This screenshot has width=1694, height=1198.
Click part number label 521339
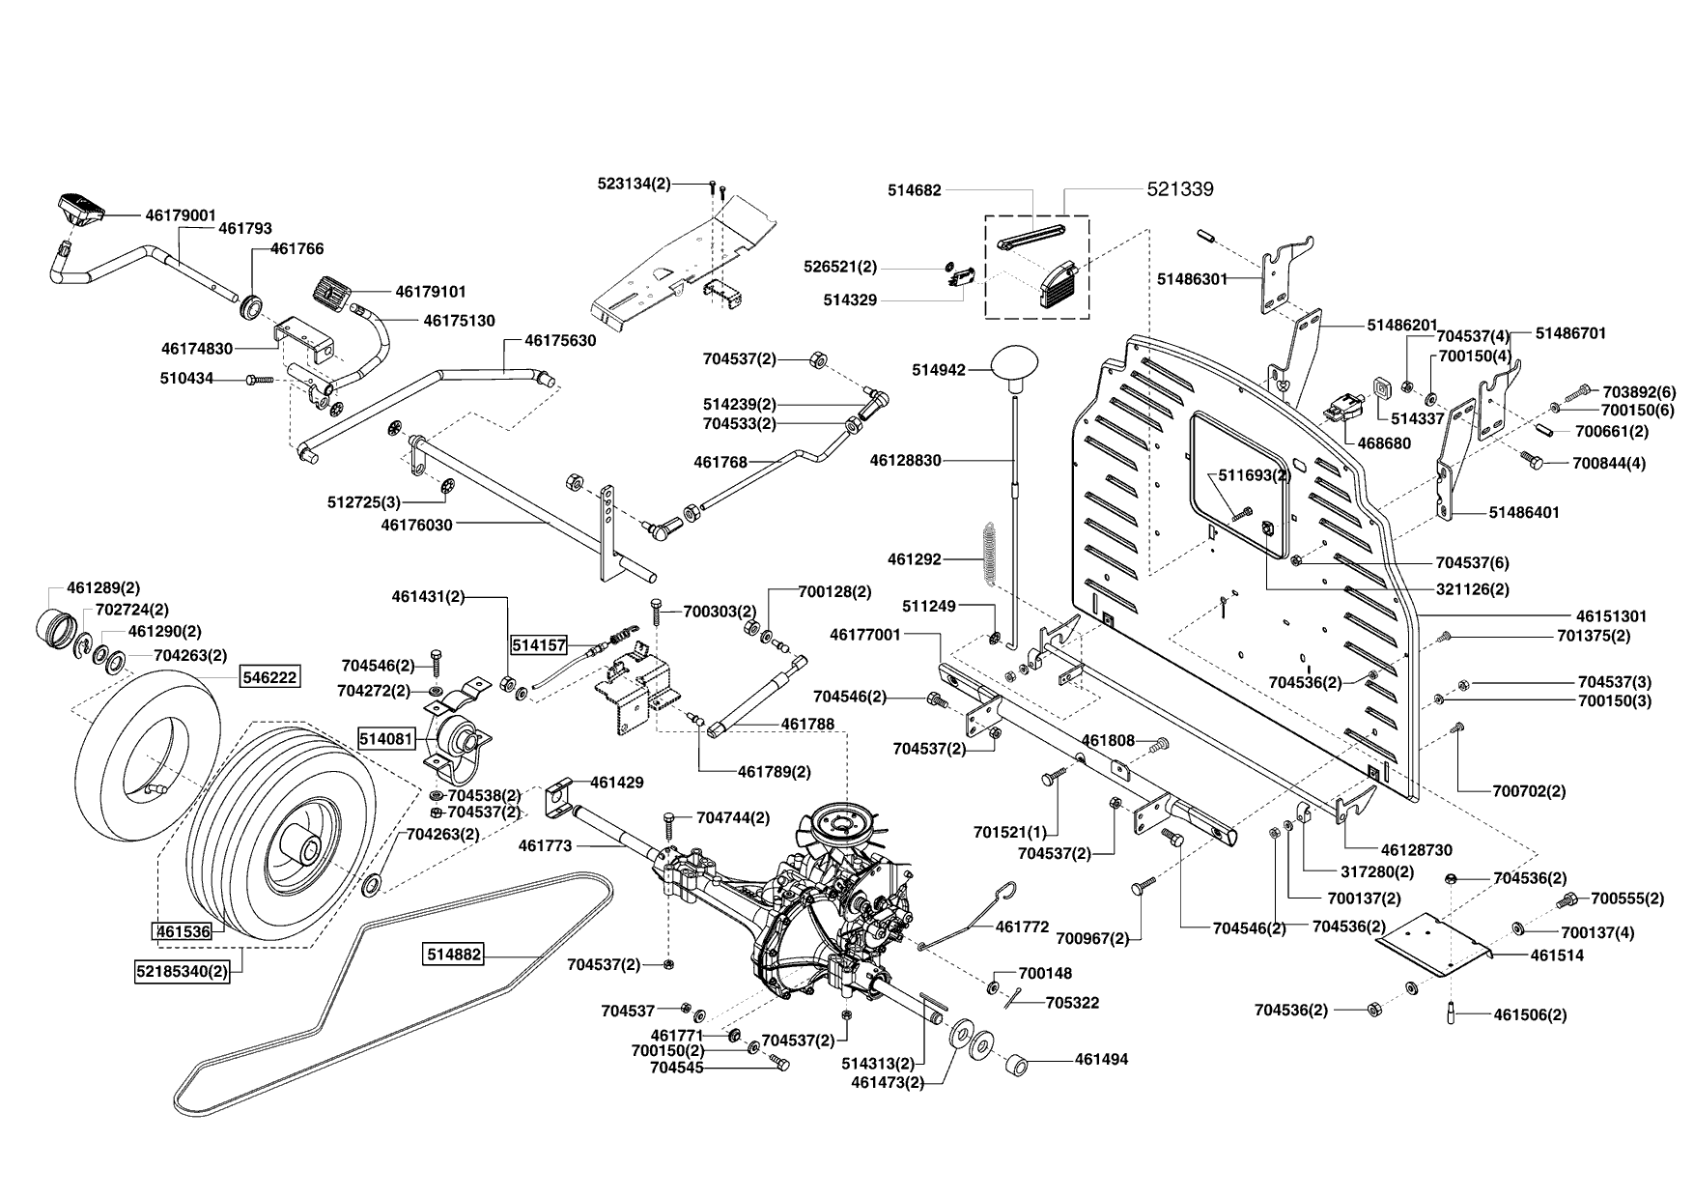[x=1180, y=189]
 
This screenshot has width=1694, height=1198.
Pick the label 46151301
[x=1611, y=615]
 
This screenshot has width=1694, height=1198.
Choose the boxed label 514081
[x=386, y=739]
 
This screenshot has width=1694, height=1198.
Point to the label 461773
[x=546, y=845]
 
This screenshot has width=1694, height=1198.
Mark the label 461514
[x=1557, y=955]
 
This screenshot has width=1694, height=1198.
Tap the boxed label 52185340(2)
[x=183, y=972]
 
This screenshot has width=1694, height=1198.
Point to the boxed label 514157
[x=539, y=643]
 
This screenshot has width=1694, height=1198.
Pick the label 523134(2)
[x=634, y=183]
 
